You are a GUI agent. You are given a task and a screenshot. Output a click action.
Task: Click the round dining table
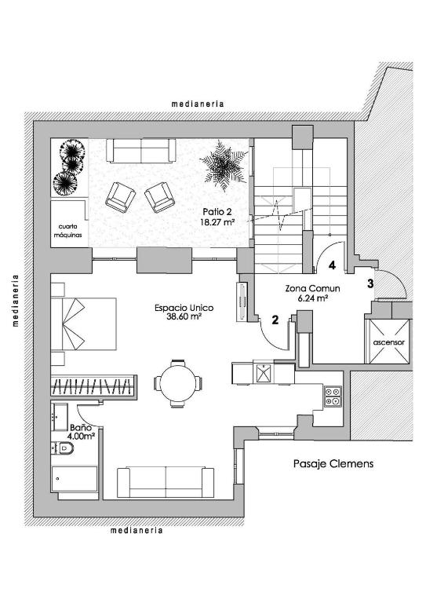pos(178,383)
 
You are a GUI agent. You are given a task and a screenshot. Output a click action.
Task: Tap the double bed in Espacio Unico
pos(84,323)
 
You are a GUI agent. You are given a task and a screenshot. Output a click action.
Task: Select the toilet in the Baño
pos(63,448)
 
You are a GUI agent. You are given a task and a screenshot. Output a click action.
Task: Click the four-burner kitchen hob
pos(333,397)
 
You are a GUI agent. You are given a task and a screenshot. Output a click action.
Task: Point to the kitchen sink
pos(264,373)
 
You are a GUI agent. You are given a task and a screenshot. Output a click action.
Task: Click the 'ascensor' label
pos(389,342)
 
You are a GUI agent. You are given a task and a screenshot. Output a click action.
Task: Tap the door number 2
pos(275,320)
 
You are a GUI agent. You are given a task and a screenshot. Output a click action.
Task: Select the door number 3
pos(370,283)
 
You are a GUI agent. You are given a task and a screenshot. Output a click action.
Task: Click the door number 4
pos(333,265)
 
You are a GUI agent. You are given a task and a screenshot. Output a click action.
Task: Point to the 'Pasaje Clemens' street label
pos(333,463)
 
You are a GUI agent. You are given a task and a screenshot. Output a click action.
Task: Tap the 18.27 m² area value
pos(218,222)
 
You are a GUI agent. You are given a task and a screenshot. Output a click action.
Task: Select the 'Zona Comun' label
pos(312,288)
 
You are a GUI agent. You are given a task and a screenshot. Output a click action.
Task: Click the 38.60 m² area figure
pos(184,317)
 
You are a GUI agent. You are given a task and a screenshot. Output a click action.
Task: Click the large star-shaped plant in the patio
pos(224,166)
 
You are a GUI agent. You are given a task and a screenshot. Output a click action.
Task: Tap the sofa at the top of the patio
pos(141,151)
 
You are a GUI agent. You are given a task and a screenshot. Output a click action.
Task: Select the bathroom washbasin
pos(60,416)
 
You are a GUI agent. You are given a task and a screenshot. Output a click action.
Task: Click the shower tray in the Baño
pos(75,479)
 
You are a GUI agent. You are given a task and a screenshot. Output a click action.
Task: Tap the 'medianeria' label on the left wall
pos(16,300)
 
